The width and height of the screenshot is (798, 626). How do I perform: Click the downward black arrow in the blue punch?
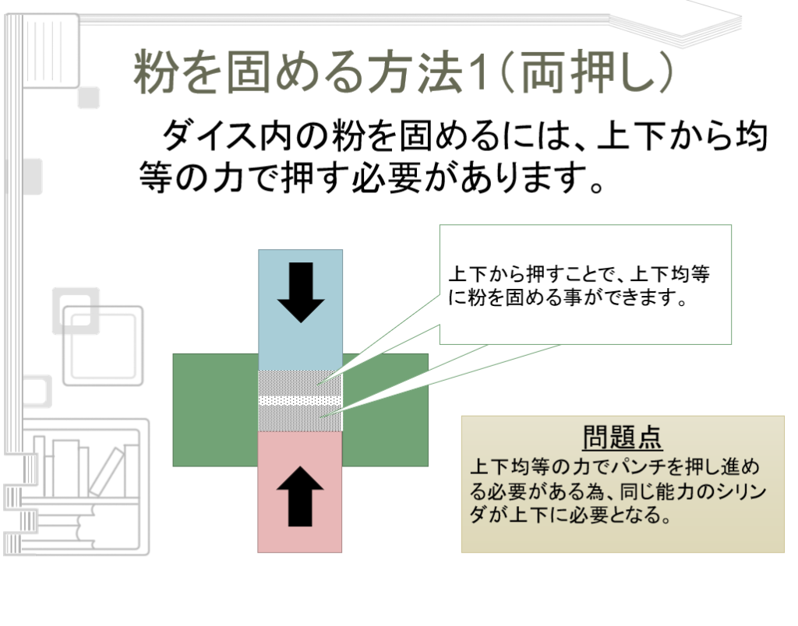(x=300, y=292)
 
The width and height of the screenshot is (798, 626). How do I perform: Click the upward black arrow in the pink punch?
(x=300, y=498)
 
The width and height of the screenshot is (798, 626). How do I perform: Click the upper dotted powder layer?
(x=300, y=382)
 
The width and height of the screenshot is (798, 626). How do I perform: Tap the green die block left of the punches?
(x=215, y=410)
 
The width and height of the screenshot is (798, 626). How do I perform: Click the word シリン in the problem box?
(x=737, y=492)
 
